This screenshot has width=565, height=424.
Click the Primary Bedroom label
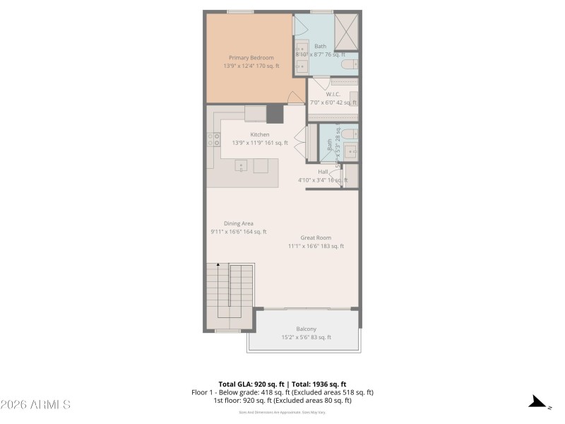click(x=251, y=57)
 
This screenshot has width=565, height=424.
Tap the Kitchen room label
click(x=259, y=134)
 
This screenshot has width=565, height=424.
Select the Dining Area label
click(x=238, y=223)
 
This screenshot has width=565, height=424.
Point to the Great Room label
click(x=315, y=237)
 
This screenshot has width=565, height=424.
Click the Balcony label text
click(x=306, y=329)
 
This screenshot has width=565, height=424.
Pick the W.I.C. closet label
click(x=333, y=94)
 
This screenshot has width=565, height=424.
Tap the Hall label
click(x=323, y=172)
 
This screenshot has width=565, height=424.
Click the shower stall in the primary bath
click(x=345, y=30)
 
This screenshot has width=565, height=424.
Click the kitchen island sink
click(x=242, y=167)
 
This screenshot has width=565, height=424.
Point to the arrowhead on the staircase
click(x=220, y=264)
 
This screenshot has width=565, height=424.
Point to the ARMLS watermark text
click(x=35, y=405)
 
